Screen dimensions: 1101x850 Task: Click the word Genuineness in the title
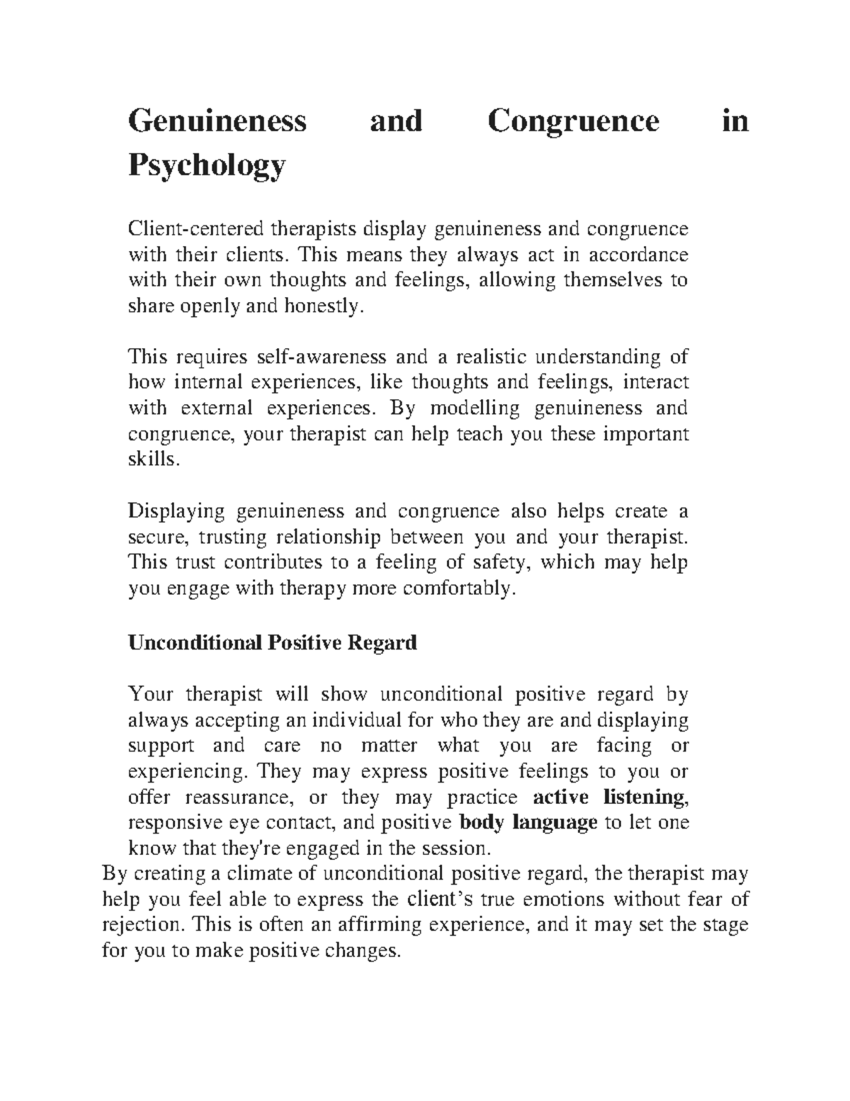[217, 121]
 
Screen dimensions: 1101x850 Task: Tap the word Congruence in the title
[573, 121]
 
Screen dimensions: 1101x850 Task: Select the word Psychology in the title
[207, 166]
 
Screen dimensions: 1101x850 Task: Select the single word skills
[150, 459]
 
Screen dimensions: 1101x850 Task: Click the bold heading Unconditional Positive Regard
[272, 643]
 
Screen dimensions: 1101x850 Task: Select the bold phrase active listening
[609, 798]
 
